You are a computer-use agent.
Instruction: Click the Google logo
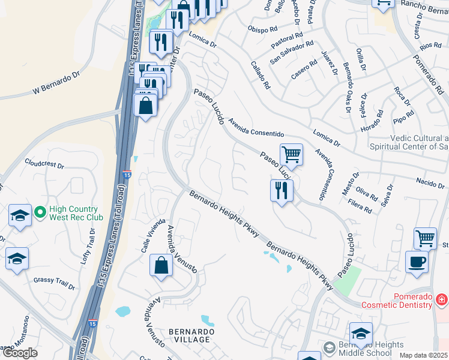[20, 353]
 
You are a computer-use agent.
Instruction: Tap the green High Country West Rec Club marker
[40, 212]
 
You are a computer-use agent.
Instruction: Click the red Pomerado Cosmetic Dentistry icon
[441, 298]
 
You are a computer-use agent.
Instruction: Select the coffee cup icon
[417, 262]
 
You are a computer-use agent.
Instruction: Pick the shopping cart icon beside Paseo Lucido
[291, 154]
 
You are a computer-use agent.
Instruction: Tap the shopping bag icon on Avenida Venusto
[161, 265]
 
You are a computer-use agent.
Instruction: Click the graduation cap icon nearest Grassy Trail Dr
[17, 259]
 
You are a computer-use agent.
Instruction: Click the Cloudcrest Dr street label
[44, 163]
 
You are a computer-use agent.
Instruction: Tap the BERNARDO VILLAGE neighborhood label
[189, 335]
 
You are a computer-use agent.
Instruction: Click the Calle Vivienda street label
[152, 236]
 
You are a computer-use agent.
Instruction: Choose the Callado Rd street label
[261, 75]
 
